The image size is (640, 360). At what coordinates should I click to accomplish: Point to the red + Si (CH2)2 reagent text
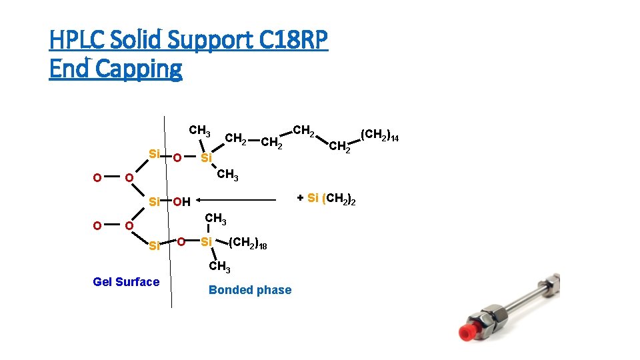click(x=326, y=199)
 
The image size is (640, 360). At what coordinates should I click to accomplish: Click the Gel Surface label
click(x=126, y=282)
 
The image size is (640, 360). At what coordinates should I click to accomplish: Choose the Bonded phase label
click(x=250, y=290)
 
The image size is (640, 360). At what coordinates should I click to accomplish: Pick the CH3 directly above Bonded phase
click(x=219, y=267)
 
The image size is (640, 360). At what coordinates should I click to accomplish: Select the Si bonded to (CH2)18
click(x=207, y=241)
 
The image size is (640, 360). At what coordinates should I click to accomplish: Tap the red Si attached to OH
click(x=154, y=201)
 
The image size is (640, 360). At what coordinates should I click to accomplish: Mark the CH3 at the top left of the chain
click(x=199, y=129)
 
